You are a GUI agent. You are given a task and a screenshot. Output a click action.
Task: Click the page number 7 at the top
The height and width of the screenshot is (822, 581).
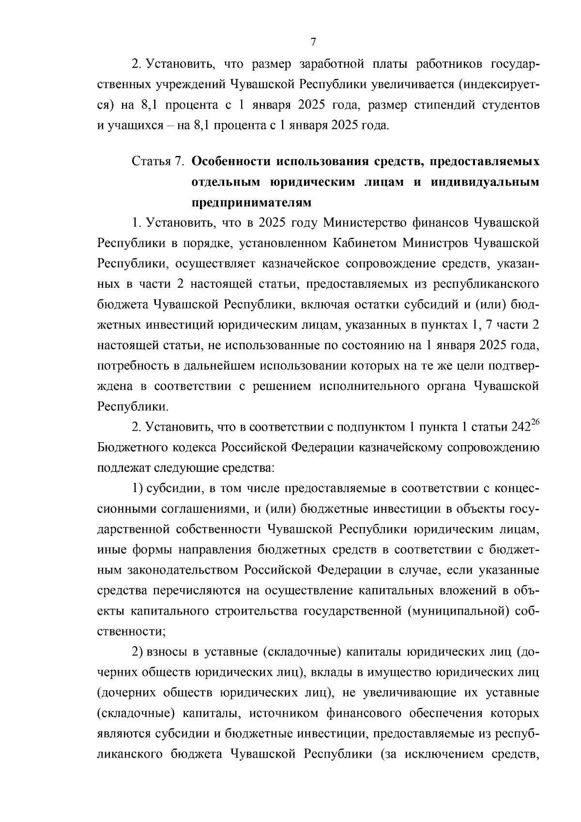pyautogui.click(x=312, y=42)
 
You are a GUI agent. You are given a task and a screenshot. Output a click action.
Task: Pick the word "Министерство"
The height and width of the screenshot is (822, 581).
pyautogui.click(x=364, y=223)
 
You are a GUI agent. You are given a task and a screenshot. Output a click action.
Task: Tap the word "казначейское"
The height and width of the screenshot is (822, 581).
pyautogui.click(x=298, y=264)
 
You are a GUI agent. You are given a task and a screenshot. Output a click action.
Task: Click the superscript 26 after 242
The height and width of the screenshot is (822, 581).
pyautogui.click(x=535, y=423)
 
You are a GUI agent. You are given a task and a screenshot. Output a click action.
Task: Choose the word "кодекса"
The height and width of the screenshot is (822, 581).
pyautogui.click(x=193, y=447)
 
